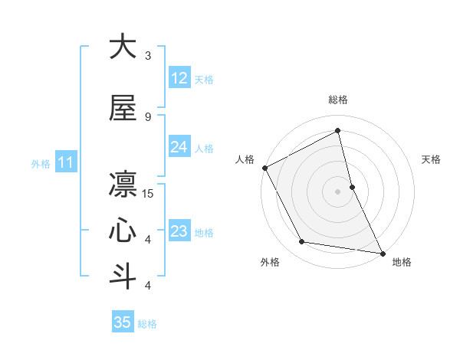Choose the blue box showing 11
[66, 162]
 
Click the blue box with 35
[123, 322]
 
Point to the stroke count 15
[149, 193]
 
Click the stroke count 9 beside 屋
[148, 116]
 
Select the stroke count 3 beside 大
[148, 56]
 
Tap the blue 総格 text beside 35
[147, 324]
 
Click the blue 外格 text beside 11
[41, 163]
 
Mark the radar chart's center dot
[337, 191]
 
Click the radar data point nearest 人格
[264, 168]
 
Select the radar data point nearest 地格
[381, 252]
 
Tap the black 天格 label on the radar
[432, 159]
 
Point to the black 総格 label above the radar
[338, 100]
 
